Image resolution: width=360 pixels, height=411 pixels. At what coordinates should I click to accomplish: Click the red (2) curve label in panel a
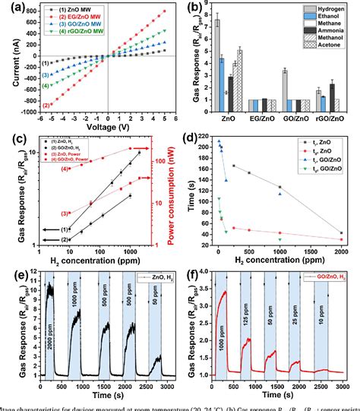pyautogui.click(x=46, y=105)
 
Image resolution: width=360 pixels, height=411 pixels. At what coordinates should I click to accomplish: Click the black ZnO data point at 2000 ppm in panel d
pyautogui.click(x=342, y=233)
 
